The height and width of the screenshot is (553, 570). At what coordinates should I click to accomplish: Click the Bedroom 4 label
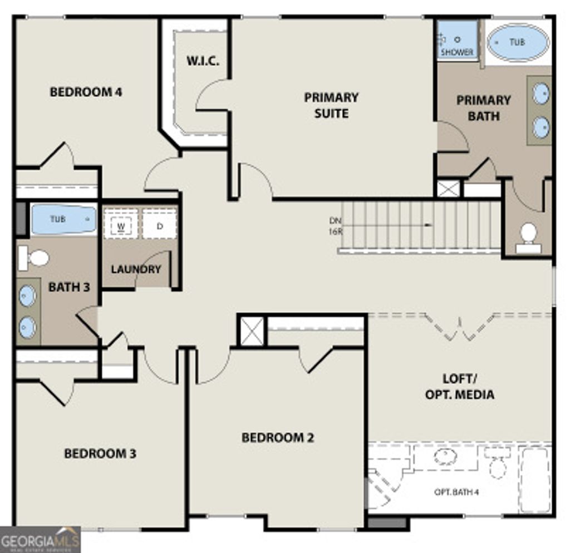(86, 92)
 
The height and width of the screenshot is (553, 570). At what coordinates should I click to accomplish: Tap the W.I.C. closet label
(203, 61)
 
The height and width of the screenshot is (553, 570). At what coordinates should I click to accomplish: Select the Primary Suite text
(331, 105)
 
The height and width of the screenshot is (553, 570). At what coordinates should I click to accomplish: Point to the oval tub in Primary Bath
(518, 42)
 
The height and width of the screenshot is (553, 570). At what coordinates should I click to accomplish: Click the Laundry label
(136, 269)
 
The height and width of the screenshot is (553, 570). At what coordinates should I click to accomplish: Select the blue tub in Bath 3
(63, 219)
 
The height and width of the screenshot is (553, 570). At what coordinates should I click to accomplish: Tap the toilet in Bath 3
(35, 258)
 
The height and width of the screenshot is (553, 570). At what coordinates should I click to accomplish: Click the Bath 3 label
(69, 288)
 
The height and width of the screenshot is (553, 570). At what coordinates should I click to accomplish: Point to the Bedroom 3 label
(100, 453)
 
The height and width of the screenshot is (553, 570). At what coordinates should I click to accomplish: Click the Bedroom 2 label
(278, 438)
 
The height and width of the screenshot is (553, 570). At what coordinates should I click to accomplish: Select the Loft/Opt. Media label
(459, 387)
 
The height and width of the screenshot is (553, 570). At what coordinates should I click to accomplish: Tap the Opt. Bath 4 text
(456, 492)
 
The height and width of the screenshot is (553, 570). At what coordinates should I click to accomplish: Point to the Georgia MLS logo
(40, 539)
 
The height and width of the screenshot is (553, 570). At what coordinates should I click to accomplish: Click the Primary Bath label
(483, 108)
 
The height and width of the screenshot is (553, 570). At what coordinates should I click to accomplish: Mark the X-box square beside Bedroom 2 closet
(252, 331)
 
